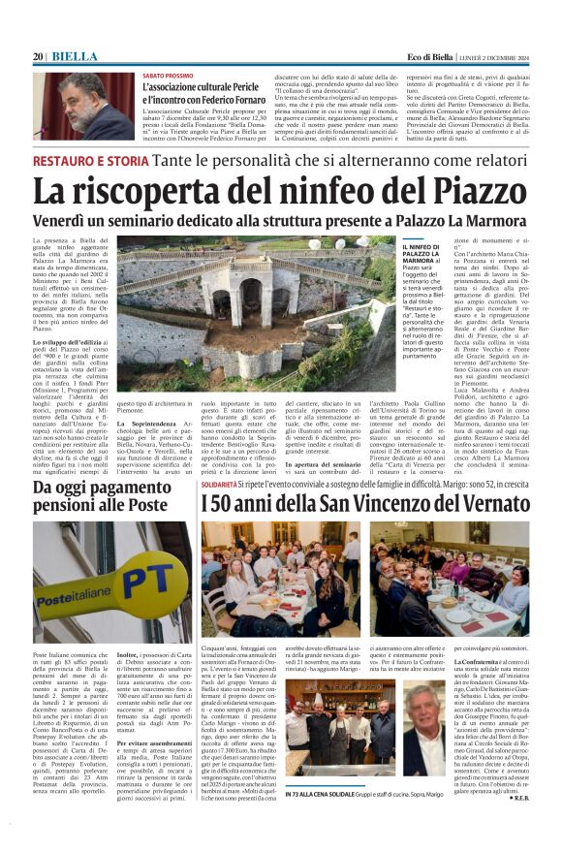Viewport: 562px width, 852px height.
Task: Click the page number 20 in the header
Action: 39,57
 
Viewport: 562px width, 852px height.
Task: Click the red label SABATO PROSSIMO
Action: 168,75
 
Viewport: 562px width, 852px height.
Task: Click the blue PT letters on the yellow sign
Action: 151,563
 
